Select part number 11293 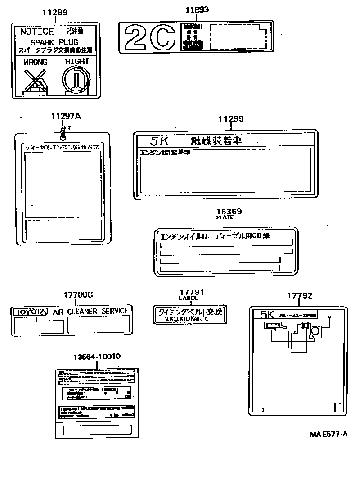click(197, 9)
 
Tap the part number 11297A click(66, 116)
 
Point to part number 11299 click(231, 119)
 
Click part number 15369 click(229, 211)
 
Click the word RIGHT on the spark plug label click(77, 61)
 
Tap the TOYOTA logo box click(30, 312)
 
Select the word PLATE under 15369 click(225, 217)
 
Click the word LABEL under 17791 click(188, 298)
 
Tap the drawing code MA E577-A click(328, 434)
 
